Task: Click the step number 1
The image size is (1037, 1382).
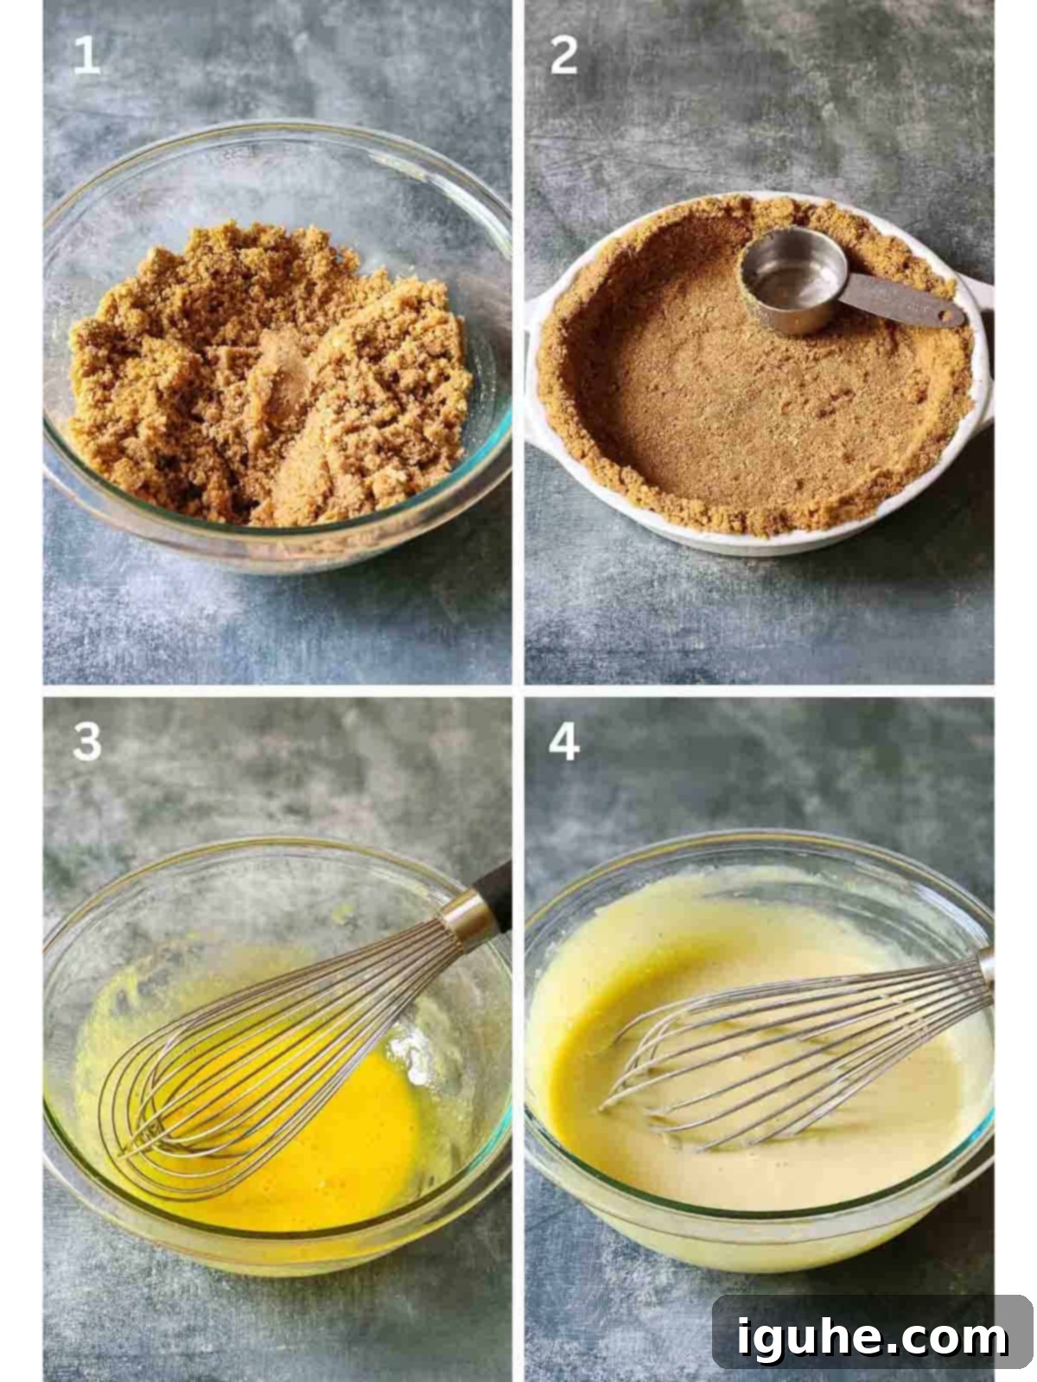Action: point(86,57)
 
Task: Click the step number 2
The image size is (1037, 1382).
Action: point(563,57)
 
